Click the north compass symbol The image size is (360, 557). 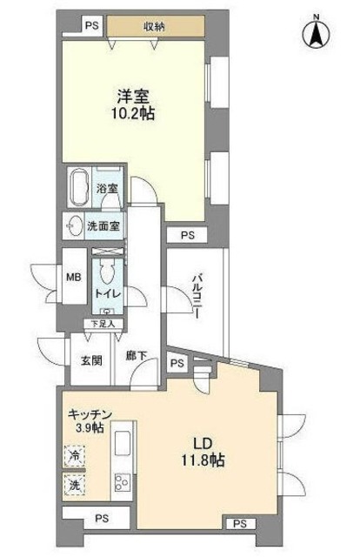(316, 34)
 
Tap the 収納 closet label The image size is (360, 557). (154, 26)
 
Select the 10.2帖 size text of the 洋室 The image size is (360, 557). (133, 113)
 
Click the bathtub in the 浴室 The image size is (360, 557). (80, 186)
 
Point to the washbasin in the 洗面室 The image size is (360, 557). (75, 225)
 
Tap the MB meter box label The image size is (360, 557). (74, 277)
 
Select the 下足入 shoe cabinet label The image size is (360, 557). (103, 324)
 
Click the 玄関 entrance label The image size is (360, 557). (91, 361)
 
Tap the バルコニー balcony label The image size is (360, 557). (196, 296)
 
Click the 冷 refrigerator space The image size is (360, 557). (75, 455)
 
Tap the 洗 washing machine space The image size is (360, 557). (75, 485)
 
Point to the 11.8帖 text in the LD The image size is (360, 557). (203, 460)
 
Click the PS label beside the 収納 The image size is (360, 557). (92, 26)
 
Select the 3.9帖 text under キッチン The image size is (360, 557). (89, 427)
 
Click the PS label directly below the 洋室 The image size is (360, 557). (188, 236)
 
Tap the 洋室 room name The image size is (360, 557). (133, 97)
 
